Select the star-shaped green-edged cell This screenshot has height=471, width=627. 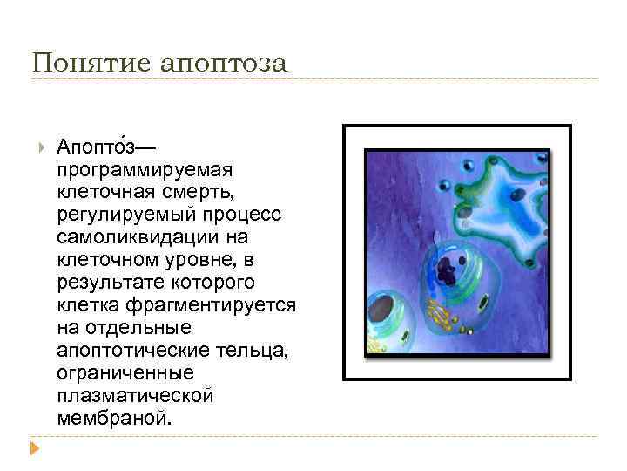pos(505,209)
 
